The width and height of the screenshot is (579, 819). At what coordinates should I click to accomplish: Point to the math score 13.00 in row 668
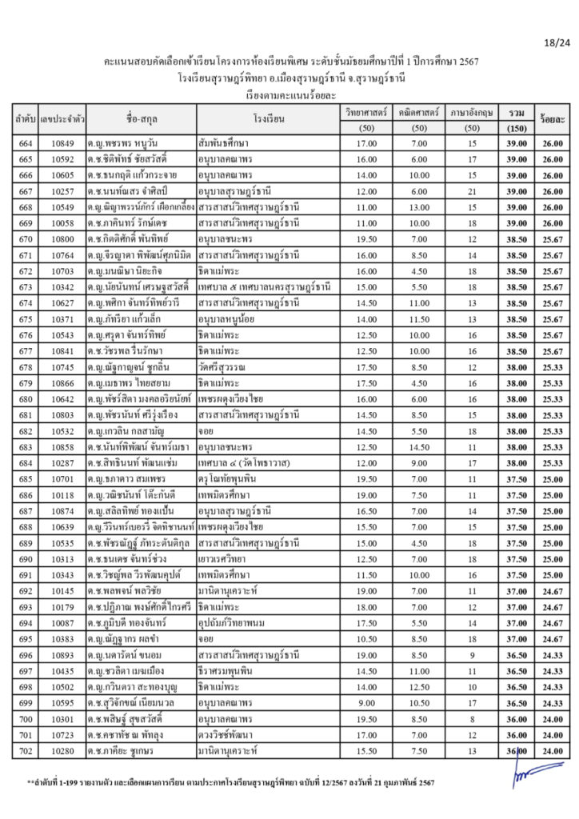coord(419,207)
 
